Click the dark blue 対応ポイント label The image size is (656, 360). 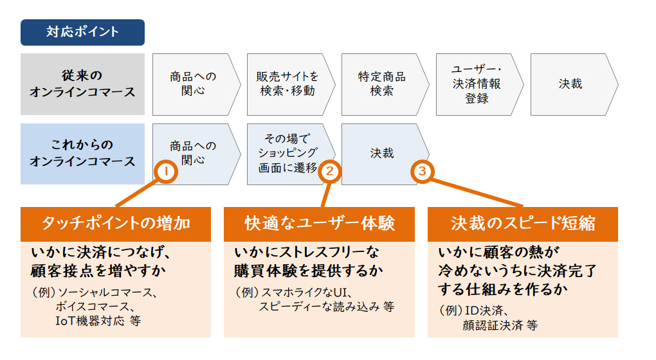tap(82, 32)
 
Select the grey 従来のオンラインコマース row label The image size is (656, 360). tap(82, 84)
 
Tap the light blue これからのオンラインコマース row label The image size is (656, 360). tap(82, 154)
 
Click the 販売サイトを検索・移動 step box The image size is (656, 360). tap(287, 84)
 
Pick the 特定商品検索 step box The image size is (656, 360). tap(382, 84)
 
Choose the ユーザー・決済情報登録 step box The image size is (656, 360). tap(477, 84)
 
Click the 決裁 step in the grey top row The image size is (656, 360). tap(570, 84)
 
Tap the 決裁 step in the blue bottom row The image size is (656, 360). tap(382, 154)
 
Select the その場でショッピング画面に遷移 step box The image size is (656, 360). tap(287, 154)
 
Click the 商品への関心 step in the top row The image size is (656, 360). tap(193, 84)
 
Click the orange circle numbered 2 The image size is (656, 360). tap(329, 172)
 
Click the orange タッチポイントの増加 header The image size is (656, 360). tap(116, 224)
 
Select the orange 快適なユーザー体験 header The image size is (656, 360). tap(319, 224)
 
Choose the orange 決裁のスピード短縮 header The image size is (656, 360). tap(522, 224)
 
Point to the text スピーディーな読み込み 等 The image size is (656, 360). tap(326, 307)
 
